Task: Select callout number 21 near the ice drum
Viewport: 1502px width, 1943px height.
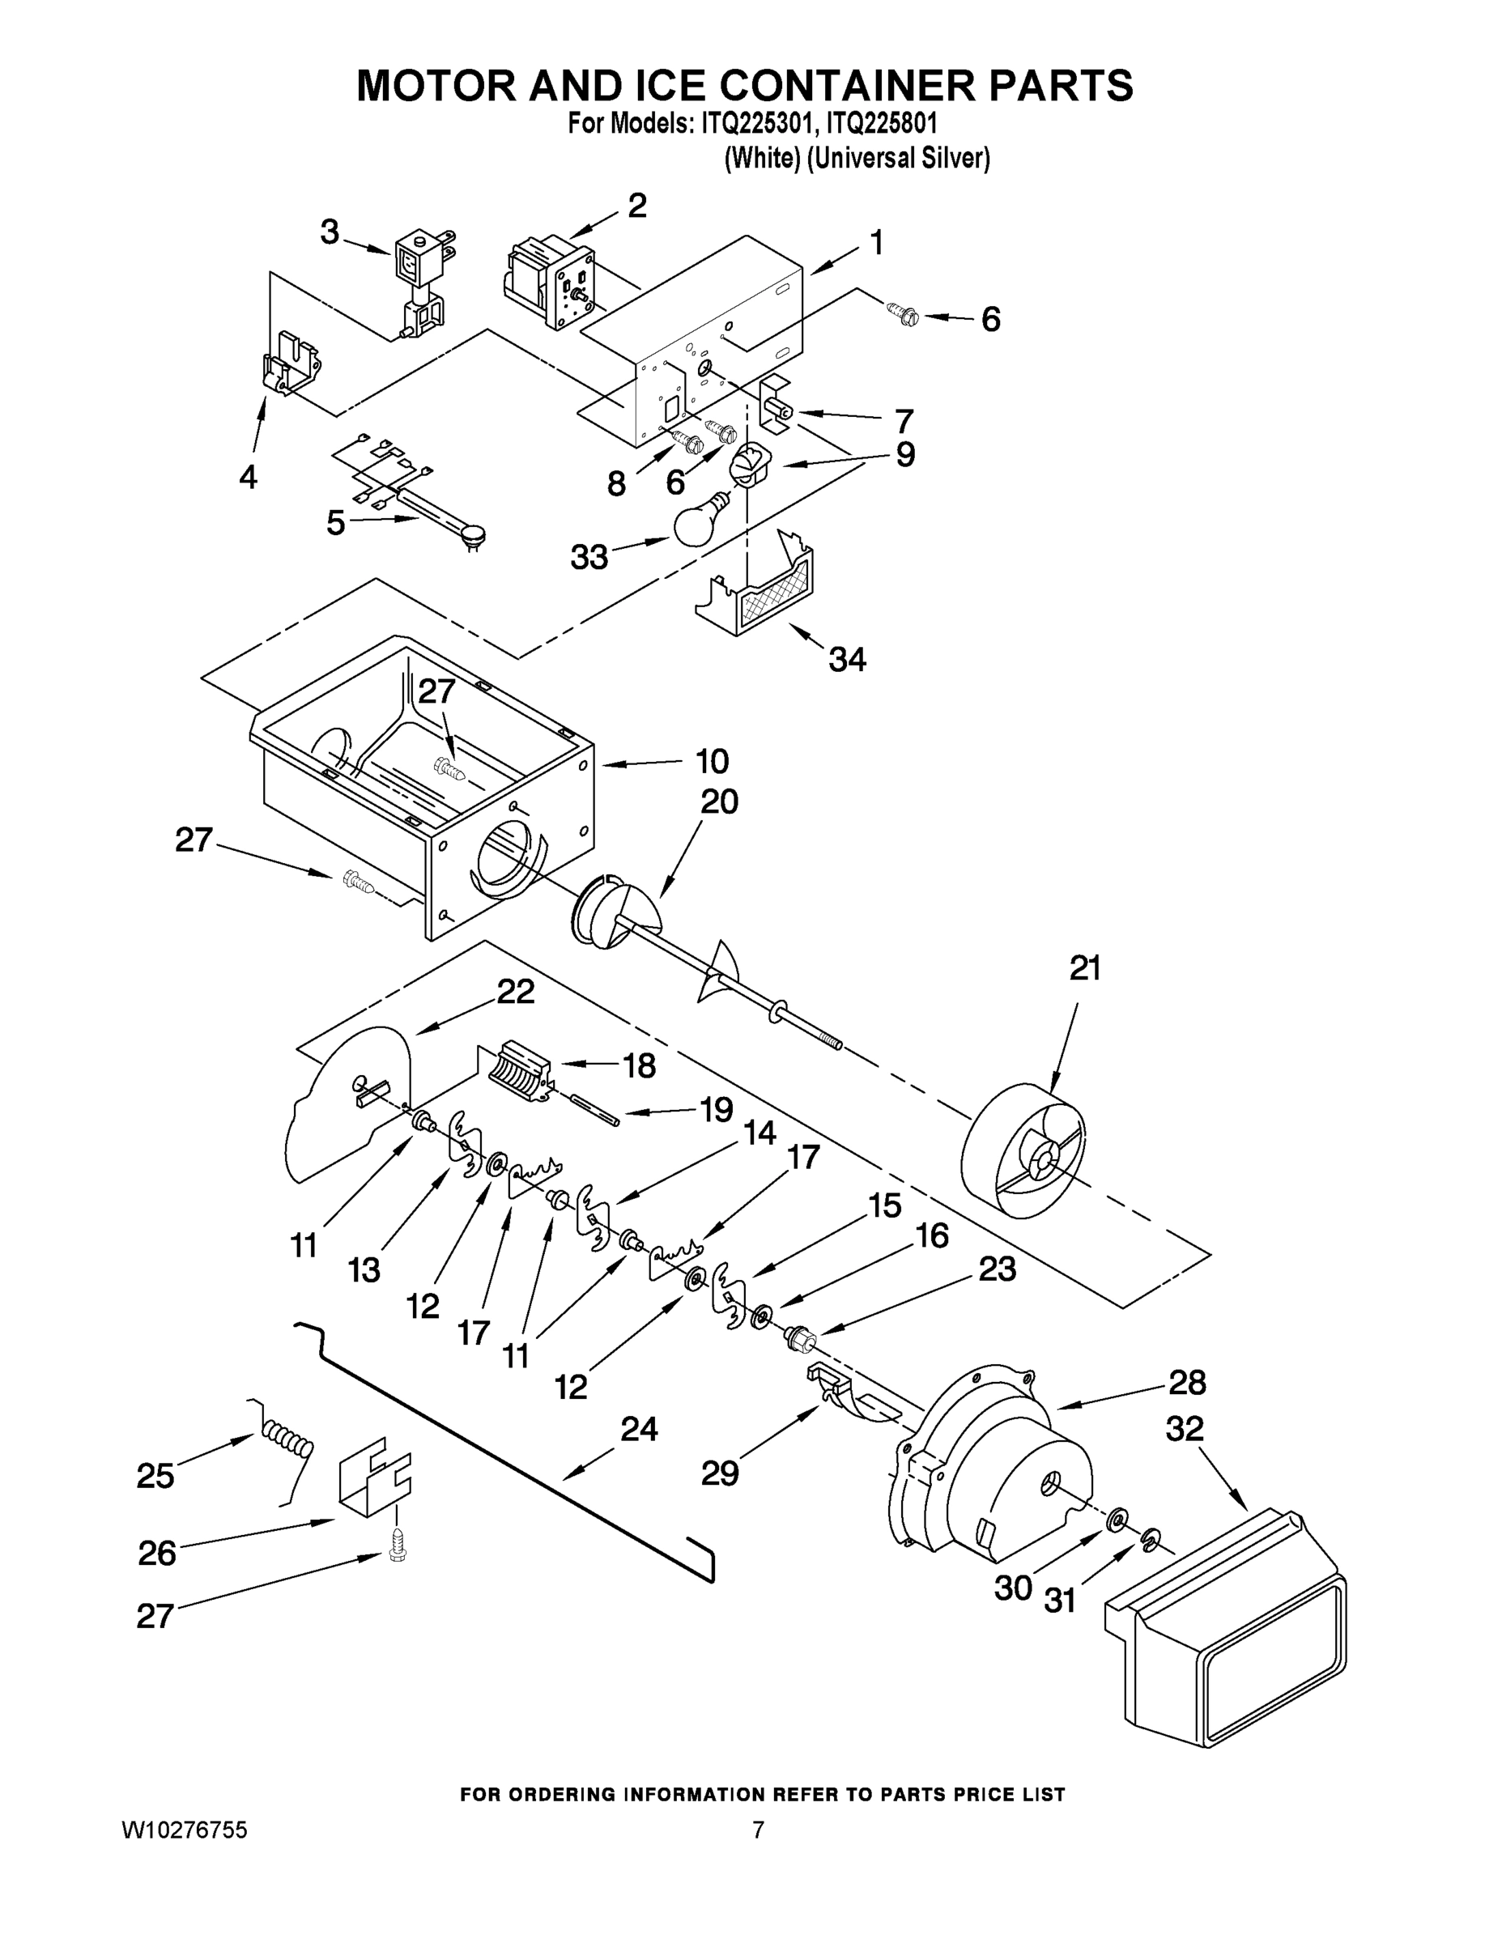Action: point(1085,968)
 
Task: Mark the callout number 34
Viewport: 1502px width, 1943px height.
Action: point(847,659)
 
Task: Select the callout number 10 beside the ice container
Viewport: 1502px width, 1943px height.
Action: point(712,762)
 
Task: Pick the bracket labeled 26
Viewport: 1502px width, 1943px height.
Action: point(375,1473)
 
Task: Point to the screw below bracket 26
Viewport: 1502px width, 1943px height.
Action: point(395,1548)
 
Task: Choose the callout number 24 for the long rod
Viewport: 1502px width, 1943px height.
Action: point(639,1430)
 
